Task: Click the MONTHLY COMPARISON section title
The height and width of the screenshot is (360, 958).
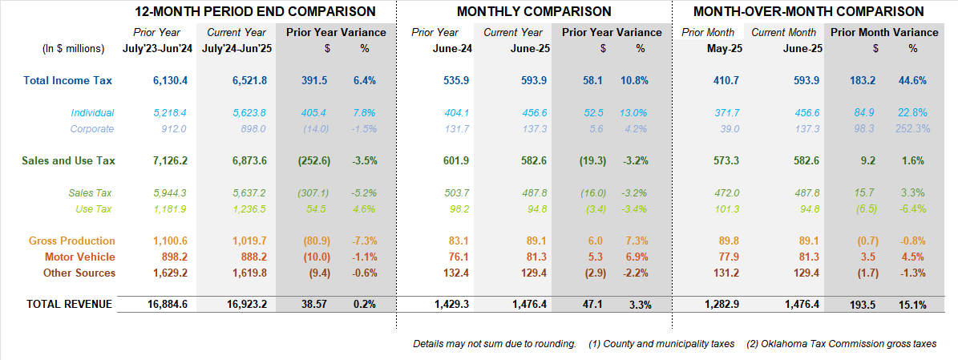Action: pos(534,12)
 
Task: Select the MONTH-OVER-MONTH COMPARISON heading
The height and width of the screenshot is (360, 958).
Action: pos(808,12)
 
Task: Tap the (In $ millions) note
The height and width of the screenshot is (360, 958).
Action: pos(73,49)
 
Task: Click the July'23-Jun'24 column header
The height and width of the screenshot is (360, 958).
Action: pos(156,49)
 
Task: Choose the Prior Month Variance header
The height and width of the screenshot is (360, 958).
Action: pos(884,33)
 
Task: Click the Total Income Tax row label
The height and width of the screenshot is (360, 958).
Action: pos(68,80)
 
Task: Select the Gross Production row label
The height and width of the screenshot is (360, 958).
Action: pos(72,241)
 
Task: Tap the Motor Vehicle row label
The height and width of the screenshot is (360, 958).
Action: pos(80,257)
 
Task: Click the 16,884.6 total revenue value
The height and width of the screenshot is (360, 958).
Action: pos(167,305)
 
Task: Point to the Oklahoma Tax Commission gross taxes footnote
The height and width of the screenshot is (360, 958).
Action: pos(842,344)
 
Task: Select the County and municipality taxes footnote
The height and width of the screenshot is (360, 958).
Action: pos(661,344)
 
